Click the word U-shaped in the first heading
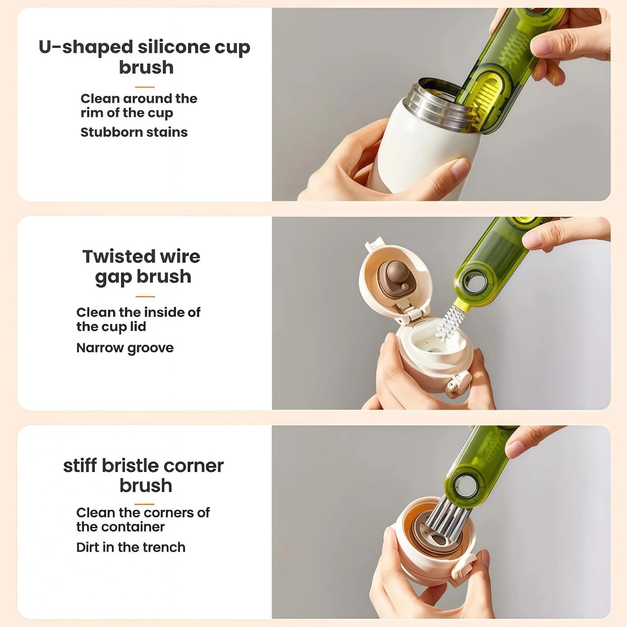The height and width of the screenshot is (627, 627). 86,47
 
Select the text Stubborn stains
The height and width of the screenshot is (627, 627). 134,132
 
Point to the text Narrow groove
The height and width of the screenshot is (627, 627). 125,348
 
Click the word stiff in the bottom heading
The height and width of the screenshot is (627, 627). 80,465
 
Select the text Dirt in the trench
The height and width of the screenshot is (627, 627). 131,547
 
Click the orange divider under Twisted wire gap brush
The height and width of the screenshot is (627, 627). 145,297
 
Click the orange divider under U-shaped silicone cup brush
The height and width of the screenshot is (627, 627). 145,87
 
